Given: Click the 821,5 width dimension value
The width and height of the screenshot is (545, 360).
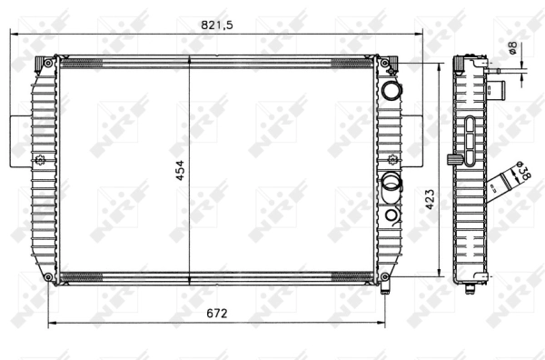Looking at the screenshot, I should (x=218, y=25).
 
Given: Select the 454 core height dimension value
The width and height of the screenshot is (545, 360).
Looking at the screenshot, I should (x=180, y=168).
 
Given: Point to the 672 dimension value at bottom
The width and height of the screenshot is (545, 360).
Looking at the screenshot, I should (x=215, y=314).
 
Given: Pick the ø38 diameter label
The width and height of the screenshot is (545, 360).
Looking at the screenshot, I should (x=520, y=172).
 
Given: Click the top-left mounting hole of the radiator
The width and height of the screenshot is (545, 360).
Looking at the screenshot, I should (x=47, y=63).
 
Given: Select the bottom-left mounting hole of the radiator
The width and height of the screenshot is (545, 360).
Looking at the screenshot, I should (x=47, y=276).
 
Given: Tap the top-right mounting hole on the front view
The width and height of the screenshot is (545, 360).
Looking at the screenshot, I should (x=385, y=63).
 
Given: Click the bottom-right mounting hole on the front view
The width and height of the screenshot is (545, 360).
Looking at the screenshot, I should (x=385, y=276).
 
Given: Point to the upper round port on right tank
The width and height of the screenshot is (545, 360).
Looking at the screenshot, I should (x=391, y=91).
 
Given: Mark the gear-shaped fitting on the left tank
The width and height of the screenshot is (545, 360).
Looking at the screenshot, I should (x=40, y=162).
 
